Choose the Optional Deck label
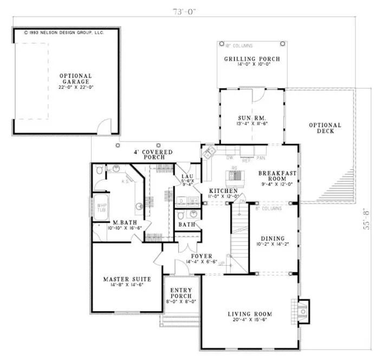tap(325, 128)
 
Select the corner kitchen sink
tap(208, 153)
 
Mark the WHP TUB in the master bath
tap(101, 208)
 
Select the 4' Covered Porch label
tap(154, 155)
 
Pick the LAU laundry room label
tap(187, 176)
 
